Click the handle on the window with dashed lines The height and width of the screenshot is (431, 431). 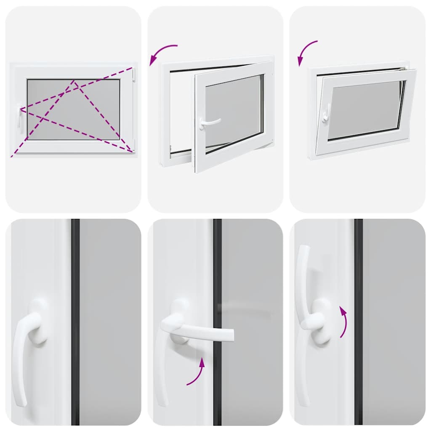pos(20,119)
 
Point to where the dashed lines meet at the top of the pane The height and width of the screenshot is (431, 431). pos(74,81)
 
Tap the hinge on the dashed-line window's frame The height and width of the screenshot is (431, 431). pos(134,75)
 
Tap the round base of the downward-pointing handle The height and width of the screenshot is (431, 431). pos(38,322)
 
